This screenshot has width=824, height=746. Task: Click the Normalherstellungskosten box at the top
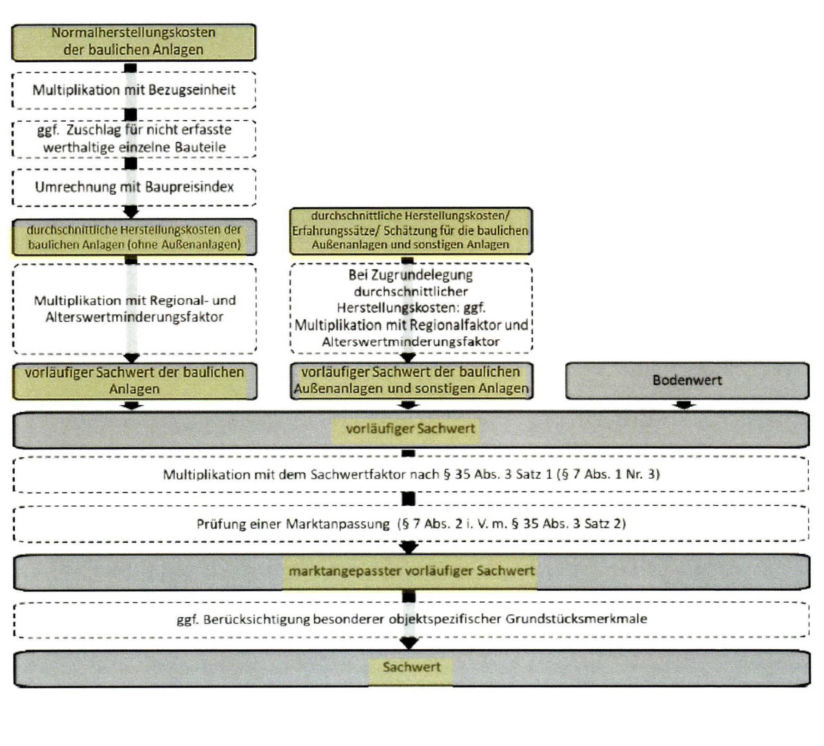133,42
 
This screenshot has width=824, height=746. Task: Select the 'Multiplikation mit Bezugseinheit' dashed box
134,90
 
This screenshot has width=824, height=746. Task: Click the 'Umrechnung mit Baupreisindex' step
134,187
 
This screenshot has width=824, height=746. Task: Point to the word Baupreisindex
190,187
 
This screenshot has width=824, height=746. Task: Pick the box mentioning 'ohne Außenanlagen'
134,237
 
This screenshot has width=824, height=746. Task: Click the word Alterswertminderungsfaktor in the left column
134,317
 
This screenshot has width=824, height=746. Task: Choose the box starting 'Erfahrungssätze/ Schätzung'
410,231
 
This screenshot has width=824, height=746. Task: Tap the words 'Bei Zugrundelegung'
410,275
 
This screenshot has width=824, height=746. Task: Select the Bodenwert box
687,380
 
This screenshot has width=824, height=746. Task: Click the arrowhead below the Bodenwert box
684,405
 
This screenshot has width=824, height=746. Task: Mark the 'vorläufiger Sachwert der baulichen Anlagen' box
134,381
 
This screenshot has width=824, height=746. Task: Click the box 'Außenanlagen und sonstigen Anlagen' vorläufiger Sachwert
411,381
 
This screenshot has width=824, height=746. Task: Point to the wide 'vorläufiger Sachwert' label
410,429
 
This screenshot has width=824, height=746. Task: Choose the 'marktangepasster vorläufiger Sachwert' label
411,571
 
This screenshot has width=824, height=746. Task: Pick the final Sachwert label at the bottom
411,667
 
